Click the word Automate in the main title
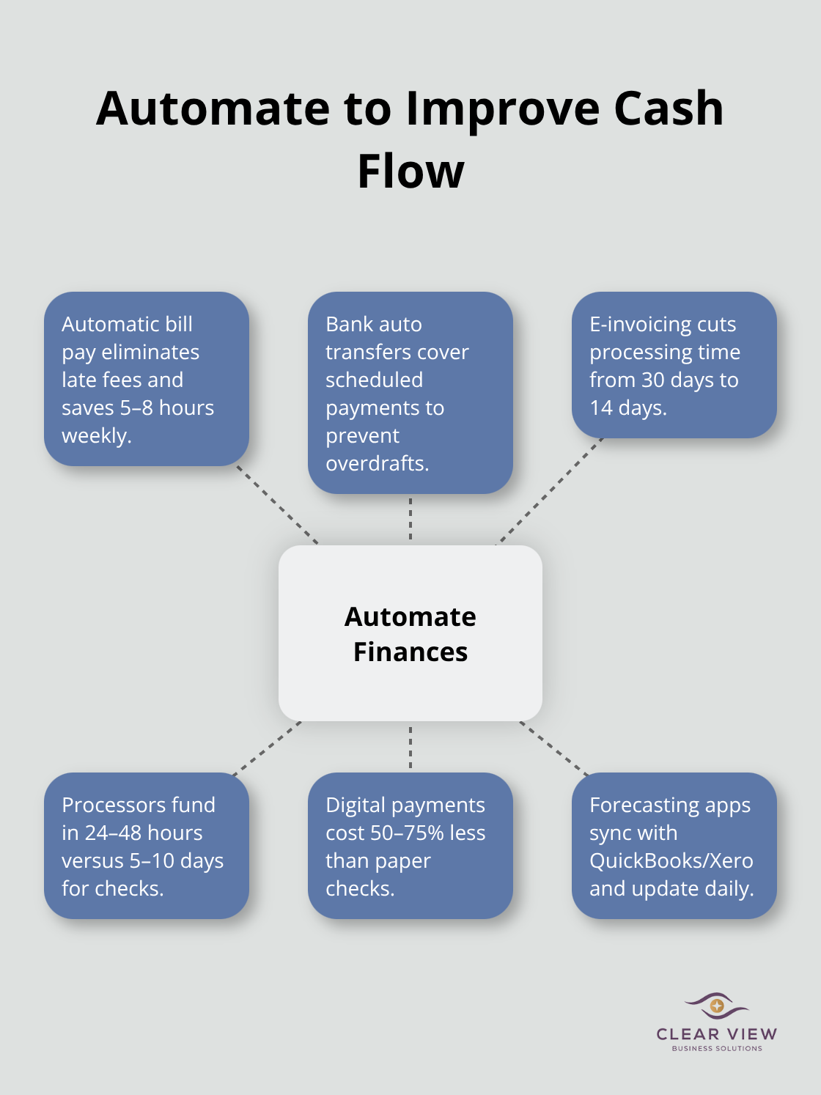pyautogui.click(x=213, y=108)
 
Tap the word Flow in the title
pyautogui.click(x=410, y=172)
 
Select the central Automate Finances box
pyautogui.click(x=410, y=633)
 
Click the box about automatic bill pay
pyautogui.click(x=147, y=379)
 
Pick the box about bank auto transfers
pyautogui.click(x=410, y=393)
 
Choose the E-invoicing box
pyautogui.click(x=674, y=365)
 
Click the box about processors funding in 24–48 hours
pyautogui.click(x=147, y=846)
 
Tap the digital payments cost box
pyautogui.click(x=410, y=846)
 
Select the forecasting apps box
pyautogui.click(x=674, y=846)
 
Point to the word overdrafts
pyautogui.click(x=376, y=463)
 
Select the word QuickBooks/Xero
pyautogui.click(x=671, y=860)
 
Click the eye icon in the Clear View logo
pyautogui.click(x=716, y=1006)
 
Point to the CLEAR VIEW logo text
pyautogui.click(x=716, y=1034)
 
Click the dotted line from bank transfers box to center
pyautogui.click(x=410, y=519)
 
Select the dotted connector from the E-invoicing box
pyautogui.click(x=550, y=491)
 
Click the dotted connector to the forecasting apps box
pyautogui.click(x=554, y=748)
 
